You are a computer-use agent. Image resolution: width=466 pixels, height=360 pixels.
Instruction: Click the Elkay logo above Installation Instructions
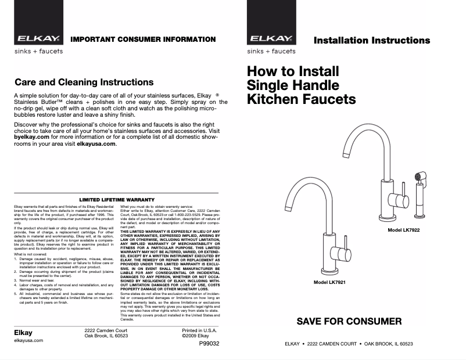tap(271, 40)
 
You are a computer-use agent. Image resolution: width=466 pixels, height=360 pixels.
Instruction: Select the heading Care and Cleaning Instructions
tap(84, 82)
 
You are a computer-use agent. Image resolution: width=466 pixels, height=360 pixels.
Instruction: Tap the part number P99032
tap(209, 344)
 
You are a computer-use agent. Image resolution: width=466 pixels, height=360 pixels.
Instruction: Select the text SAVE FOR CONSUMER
tap(349, 321)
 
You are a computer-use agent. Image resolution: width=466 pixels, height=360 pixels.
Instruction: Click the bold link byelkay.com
tap(33, 136)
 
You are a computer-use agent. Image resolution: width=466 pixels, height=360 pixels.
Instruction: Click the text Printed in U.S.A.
tap(199, 330)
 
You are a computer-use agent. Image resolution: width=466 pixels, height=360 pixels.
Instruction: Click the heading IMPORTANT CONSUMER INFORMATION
tap(143, 39)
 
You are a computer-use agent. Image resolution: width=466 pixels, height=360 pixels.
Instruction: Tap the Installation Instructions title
tap(372, 41)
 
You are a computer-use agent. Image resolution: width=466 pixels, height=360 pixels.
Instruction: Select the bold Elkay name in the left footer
tap(23, 333)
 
